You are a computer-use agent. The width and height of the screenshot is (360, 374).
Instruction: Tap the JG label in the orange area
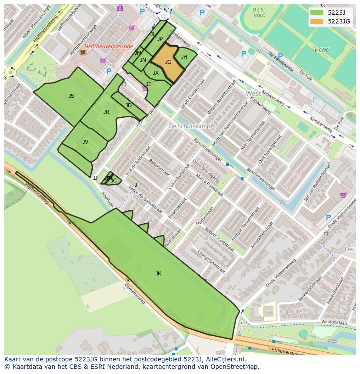point(168,62)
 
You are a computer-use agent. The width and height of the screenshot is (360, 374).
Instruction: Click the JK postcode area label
point(158,273)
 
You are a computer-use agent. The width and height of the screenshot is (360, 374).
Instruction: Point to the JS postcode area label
point(71,96)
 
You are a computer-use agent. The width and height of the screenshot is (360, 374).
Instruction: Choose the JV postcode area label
point(85,142)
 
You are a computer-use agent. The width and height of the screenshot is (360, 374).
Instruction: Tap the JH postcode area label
point(184,57)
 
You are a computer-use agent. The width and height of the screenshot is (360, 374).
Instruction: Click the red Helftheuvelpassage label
point(109,46)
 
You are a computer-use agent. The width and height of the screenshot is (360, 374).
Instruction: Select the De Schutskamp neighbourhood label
point(189,126)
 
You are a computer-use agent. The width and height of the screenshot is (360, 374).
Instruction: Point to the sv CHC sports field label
point(320,50)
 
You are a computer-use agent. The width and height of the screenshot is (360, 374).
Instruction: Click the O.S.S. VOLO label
point(260,12)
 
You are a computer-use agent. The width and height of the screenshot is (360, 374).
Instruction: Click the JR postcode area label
point(106,112)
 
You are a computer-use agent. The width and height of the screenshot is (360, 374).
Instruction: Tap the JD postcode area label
point(128,106)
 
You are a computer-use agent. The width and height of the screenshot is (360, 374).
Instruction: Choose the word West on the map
point(253,93)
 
